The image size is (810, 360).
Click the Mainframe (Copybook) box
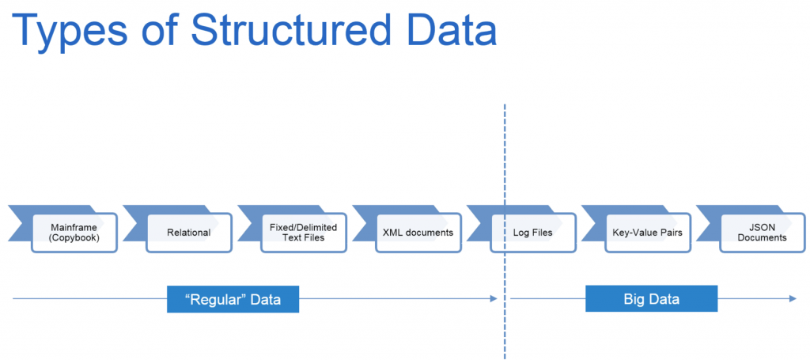coord(74,233)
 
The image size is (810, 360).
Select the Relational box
coord(188,233)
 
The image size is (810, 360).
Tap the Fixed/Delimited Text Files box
coord(304,233)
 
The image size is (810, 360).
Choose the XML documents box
coord(418,233)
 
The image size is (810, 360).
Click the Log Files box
coord(533,233)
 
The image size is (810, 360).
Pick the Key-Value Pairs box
coord(647,233)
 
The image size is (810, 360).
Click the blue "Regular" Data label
coord(233,299)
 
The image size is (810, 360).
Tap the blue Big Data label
coord(651,299)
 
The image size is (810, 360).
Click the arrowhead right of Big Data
coord(792,299)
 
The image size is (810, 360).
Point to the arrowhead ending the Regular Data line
coord(494,299)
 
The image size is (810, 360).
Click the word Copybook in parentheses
coord(74,238)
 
